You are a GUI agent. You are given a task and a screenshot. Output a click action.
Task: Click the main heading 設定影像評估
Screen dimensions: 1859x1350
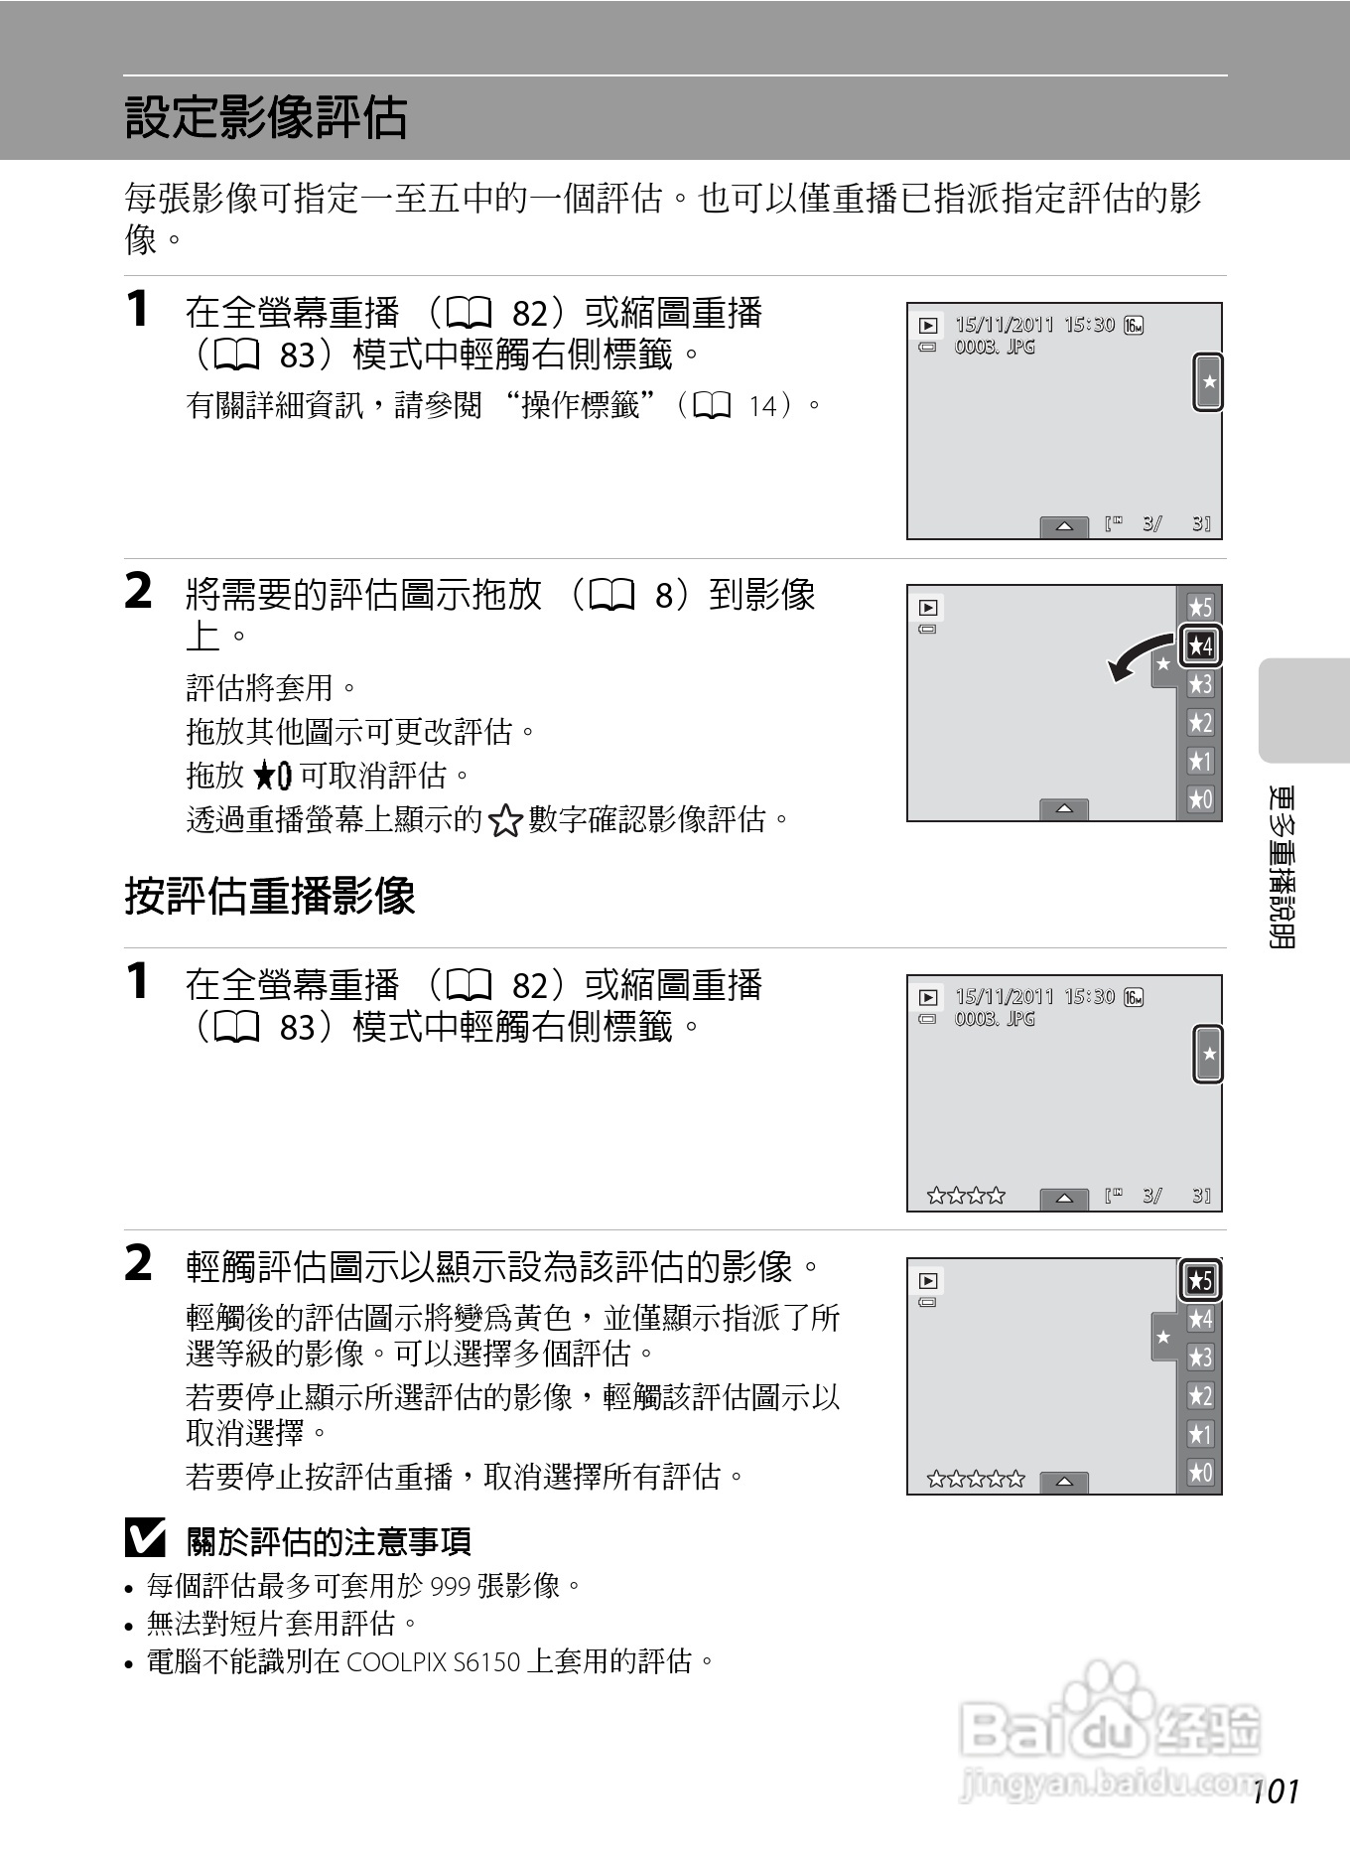tap(266, 117)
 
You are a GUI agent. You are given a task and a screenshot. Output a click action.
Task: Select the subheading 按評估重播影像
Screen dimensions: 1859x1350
tap(270, 896)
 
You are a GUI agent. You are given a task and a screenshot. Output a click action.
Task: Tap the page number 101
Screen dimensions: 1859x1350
tap(1276, 1791)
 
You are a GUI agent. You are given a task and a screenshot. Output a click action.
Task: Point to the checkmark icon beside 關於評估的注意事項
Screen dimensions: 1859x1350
tap(145, 1539)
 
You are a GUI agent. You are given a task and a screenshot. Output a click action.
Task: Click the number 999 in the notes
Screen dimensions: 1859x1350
tap(451, 1586)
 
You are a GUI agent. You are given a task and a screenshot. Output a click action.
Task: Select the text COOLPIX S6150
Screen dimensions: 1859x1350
tap(433, 1661)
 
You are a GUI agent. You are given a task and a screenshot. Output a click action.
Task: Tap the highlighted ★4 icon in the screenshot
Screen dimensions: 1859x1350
tap(1200, 646)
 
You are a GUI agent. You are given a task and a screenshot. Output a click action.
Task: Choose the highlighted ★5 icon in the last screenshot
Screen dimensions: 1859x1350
tap(1200, 1281)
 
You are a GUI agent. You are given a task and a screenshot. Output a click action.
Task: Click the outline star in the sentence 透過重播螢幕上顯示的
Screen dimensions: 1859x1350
tap(505, 821)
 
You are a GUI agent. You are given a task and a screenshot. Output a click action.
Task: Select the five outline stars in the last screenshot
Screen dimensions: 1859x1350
tap(975, 1480)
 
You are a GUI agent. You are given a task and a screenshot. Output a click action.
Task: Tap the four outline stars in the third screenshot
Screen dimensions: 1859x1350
tap(965, 1196)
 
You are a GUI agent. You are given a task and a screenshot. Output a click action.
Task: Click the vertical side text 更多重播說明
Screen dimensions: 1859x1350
tap(1282, 867)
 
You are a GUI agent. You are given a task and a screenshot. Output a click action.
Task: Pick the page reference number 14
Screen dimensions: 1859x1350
tap(763, 406)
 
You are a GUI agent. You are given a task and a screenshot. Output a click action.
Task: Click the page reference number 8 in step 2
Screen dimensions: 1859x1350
tap(664, 596)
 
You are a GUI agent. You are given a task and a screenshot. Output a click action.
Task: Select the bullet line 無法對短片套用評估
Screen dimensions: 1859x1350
tap(282, 1624)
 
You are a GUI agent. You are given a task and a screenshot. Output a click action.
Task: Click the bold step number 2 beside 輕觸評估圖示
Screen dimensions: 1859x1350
tap(139, 1264)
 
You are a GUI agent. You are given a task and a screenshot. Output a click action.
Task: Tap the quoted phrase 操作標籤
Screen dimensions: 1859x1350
tap(581, 405)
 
